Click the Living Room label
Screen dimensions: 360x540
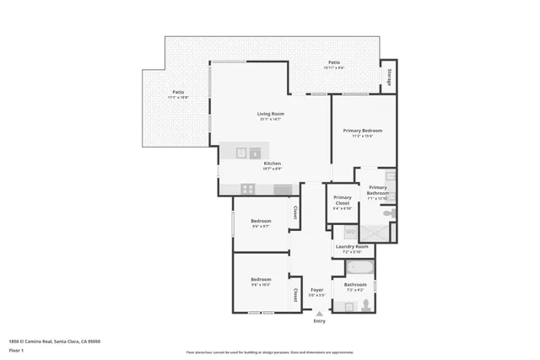click(x=271, y=114)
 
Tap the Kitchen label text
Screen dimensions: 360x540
click(x=272, y=164)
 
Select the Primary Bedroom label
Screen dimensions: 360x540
click(x=362, y=131)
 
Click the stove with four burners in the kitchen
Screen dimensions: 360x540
click(x=248, y=189)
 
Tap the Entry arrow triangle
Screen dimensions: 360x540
click(x=319, y=314)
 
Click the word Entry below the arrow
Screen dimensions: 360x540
click(x=319, y=321)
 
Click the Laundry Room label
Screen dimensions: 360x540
click(x=352, y=246)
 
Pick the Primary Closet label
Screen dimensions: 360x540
click(x=342, y=200)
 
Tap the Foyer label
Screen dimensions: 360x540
click(x=316, y=289)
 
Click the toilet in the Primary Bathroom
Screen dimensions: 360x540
click(x=389, y=214)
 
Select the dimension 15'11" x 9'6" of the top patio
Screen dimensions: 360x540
click(x=334, y=67)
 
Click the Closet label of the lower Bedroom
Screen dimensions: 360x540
click(x=294, y=295)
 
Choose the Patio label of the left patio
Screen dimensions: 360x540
click(x=178, y=92)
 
